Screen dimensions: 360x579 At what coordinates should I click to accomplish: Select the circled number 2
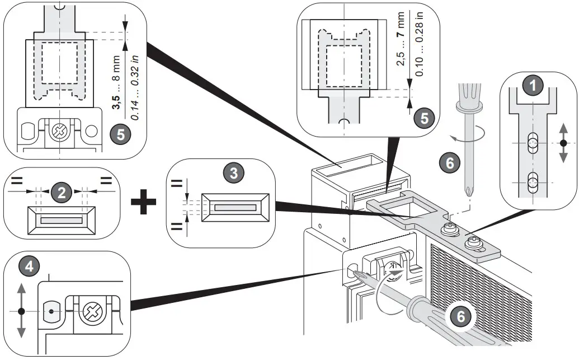pyautogui.click(x=62, y=193)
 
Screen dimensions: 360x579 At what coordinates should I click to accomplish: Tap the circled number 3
pyautogui.click(x=234, y=174)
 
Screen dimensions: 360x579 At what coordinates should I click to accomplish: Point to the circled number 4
pyautogui.click(x=33, y=266)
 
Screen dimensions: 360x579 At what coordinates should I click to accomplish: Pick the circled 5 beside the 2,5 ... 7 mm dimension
pyautogui.click(x=426, y=119)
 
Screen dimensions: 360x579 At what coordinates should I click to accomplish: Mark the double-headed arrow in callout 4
pyautogui.click(x=21, y=310)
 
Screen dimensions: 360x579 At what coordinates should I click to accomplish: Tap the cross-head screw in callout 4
pyautogui.click(x=90, y=310)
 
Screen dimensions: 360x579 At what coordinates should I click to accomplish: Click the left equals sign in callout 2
pyautogui.click(x=17, y=181)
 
